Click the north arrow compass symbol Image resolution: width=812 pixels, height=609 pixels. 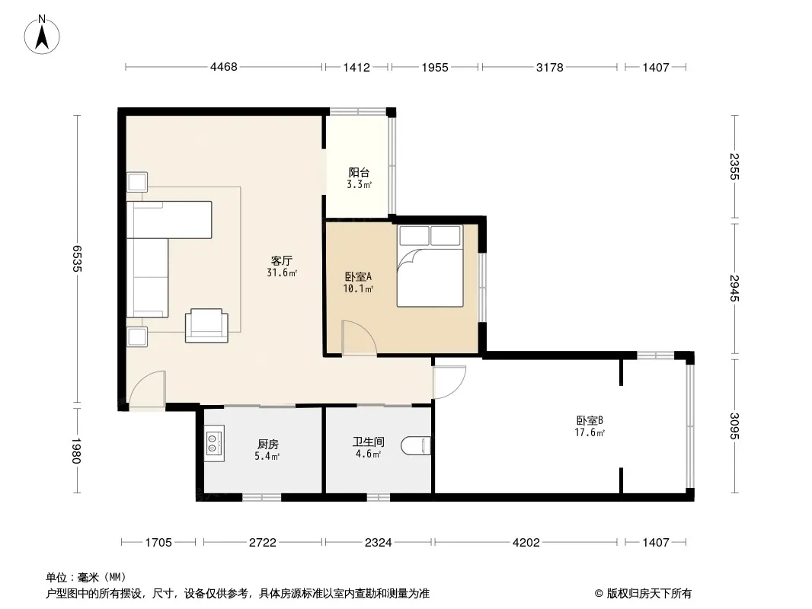42,35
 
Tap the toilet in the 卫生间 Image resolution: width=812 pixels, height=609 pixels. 416,446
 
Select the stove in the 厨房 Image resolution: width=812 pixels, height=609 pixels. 214,443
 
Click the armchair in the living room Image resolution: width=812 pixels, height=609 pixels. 206,326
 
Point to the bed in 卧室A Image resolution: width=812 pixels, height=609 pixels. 430,266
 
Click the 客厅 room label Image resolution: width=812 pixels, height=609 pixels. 282,260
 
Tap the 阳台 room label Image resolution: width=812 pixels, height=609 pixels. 359,172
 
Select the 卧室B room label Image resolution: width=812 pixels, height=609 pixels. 590,421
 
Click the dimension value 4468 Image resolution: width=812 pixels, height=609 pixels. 224,67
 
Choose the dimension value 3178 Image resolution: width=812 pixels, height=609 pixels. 549,67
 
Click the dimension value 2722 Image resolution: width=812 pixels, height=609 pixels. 263,542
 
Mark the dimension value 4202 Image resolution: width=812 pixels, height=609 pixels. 526,542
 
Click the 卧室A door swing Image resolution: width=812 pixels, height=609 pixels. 358,338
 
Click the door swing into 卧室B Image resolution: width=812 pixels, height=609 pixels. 449,382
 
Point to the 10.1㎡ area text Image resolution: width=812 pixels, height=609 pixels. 358,289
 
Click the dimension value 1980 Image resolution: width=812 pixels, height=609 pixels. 77,450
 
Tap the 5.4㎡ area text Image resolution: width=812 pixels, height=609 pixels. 267,456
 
